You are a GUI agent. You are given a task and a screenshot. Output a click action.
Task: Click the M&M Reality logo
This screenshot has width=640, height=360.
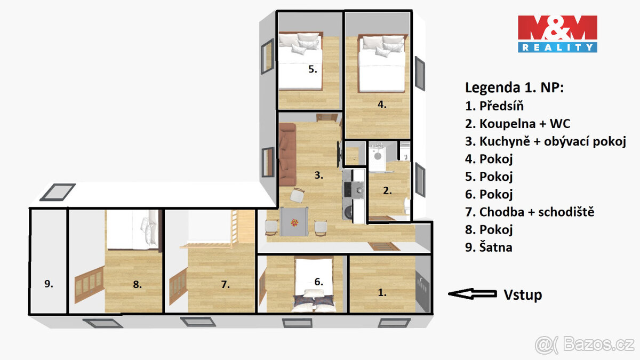(x=557, y=34)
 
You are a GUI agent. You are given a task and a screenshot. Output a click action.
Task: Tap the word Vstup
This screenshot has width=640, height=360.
(x=523, y=294)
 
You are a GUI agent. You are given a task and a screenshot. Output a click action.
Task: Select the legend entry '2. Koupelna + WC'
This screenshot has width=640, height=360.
(x=517, y=124)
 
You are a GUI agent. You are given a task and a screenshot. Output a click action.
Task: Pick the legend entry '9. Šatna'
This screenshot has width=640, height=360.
(x=489, y=247)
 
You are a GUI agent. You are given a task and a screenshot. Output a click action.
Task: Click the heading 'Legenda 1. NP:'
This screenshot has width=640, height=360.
(x=514, y=87)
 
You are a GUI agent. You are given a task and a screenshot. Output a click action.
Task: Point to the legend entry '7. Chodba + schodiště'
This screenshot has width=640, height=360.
(x=530, y=212)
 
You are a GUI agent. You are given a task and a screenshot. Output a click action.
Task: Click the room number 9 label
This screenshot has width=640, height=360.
(x=49, y=284)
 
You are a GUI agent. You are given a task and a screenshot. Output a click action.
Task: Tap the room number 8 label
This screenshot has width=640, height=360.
(x=137, y=285)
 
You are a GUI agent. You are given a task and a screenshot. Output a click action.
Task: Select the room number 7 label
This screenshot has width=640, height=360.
(x=225, y=285)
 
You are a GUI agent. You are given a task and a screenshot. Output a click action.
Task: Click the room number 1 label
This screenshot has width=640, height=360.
(x=382, y=292)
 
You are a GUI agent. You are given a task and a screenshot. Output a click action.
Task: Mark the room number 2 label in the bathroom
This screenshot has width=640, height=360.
(x=387, y=190)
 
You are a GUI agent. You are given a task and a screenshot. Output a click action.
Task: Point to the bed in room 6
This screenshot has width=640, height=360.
(x=315, y=285)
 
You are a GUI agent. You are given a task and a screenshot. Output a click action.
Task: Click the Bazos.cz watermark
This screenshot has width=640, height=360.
(x=585, y=345)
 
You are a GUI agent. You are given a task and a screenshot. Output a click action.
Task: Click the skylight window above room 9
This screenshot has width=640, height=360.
(x=58, y=192)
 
